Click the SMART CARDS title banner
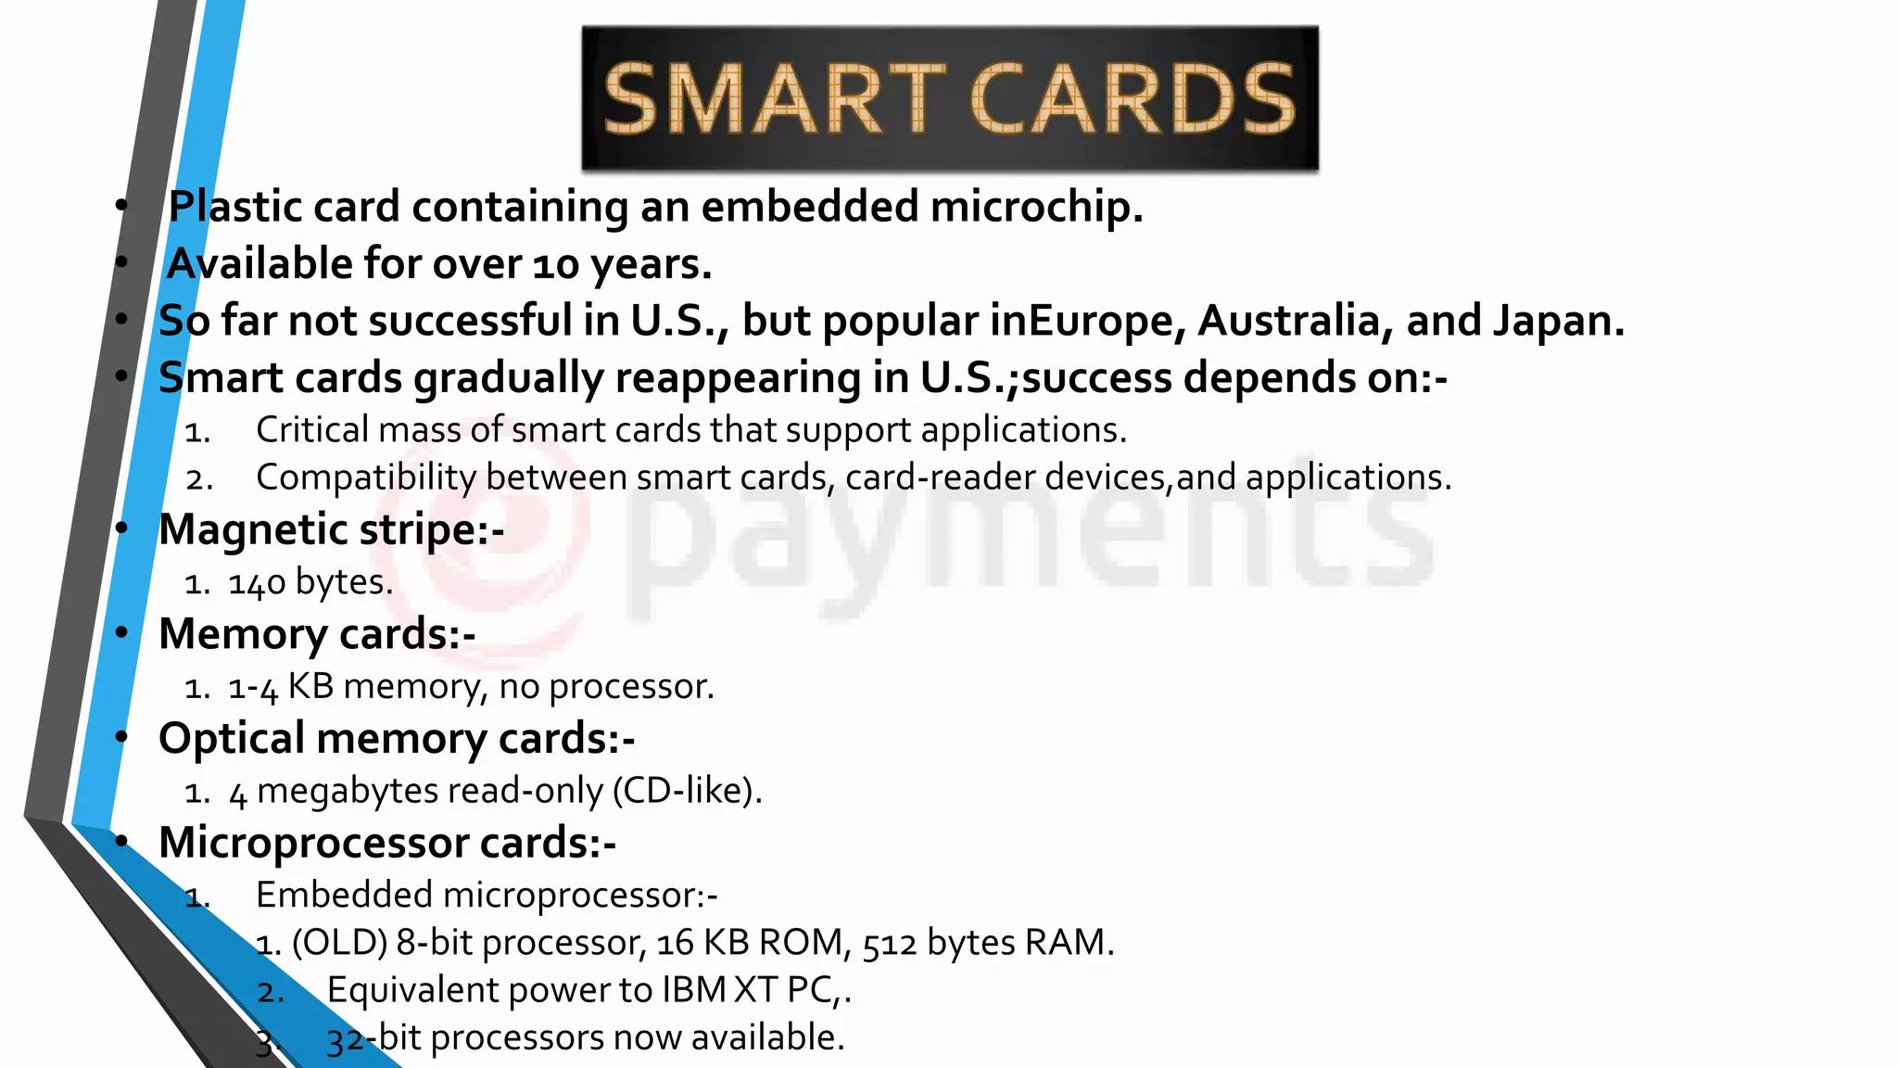[x=949, y=98]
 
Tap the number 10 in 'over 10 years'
[x=556, y=265]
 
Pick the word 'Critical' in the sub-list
[x=312, y=430]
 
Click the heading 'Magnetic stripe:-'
[x=331, y=530]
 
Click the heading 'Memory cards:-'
[x=317, y=635]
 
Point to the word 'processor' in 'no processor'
[x=629, y=687]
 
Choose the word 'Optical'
[x=232, y=739]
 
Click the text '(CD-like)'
[x=687, y=791]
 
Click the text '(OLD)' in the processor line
[x=339, y=943]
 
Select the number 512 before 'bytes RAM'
[x=889, y=944]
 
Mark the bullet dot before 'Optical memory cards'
[x=122, y=737]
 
